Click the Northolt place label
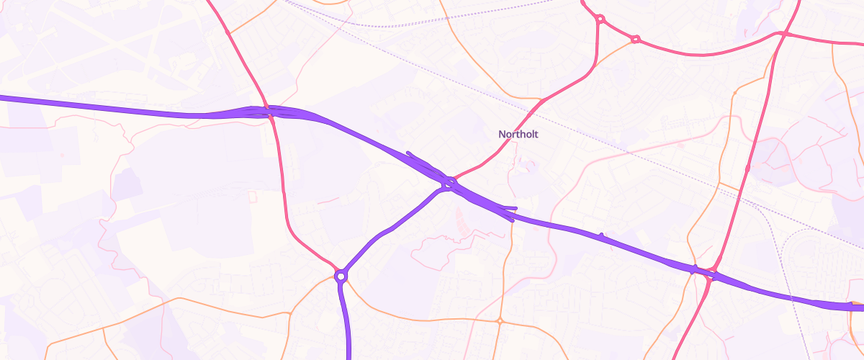518,134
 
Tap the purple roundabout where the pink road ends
341,275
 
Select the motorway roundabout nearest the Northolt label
449,184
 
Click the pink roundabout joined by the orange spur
635,39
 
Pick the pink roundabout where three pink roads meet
600,19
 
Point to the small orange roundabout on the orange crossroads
499,320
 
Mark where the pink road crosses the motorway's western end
268,112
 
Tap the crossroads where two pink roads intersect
783,34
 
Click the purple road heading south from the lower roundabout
345,324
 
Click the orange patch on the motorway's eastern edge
856,305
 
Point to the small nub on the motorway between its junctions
601,235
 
